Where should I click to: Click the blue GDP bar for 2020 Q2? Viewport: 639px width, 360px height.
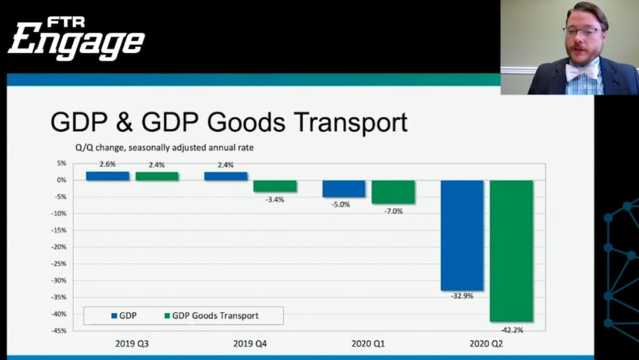(x=462, y=235)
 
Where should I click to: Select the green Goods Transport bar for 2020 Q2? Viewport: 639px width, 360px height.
(x=511, y=250)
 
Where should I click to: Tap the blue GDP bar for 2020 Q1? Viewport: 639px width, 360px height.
(x=344, y=188)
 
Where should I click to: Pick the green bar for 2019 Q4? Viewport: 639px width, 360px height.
(x=275, y=186)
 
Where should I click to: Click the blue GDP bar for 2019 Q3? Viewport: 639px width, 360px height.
(x=108, y=175)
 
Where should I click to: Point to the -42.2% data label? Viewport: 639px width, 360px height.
(x=511, y=330)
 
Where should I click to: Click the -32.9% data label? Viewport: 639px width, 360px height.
(x=462, y=296)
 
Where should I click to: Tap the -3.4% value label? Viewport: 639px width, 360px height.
(x=275, y=199)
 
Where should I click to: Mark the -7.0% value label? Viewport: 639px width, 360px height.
(x=393, y=211)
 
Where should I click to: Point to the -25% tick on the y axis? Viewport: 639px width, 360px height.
(x=60, y=264)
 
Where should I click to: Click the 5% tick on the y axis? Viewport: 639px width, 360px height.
(x=62, y=163)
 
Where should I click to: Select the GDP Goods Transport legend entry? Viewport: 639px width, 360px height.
(x=211, y=316)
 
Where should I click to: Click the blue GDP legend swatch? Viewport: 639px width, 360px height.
(x=114, y=316)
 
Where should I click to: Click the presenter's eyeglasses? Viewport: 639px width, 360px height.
(x=582, y=31)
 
